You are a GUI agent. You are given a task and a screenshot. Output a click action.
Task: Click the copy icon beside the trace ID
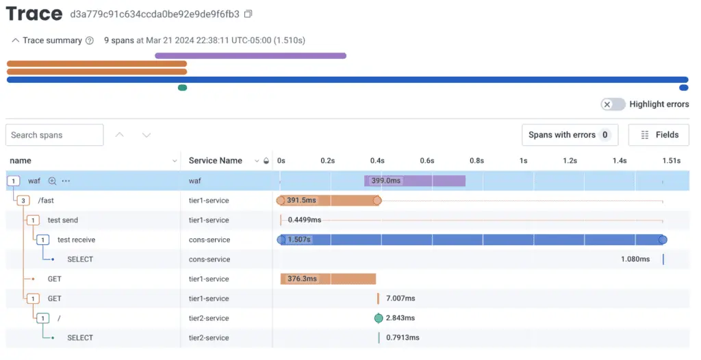click(248, 14)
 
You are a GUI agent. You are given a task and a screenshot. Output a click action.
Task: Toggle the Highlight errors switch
click(613, 104)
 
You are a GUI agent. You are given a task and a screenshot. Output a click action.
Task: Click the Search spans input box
click(55, 135)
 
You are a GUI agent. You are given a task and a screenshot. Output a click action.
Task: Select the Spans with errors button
click(570, 135)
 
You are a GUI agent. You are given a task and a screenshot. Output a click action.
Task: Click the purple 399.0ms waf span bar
click(415, 181)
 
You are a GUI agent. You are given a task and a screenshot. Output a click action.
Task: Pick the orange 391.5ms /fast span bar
click(329, 201)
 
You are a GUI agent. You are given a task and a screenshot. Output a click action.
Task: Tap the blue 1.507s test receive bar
click(472, 240)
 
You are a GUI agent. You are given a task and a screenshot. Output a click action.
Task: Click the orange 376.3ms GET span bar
click(328, 279)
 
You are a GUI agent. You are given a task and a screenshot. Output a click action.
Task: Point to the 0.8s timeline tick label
click(476, 161)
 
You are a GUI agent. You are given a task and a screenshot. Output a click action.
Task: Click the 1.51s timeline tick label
click(671, 161)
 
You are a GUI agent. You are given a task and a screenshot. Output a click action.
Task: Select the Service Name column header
click(216, 161)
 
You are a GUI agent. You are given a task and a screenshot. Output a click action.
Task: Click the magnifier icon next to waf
click(52, 181)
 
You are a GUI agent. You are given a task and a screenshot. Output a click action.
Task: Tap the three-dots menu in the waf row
click(66, 181)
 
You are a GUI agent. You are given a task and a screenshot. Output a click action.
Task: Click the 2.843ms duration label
click(400, 318)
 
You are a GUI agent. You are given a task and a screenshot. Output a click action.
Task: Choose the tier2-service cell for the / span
click(209, 318)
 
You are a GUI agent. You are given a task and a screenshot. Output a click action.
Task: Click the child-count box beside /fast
click(23, 201)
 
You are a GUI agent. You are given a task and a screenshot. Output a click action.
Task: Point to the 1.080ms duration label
click(635, 259)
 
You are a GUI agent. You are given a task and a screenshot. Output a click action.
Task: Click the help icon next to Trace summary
click(90, 40)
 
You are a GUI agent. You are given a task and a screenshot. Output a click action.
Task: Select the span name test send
click(62, 220)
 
